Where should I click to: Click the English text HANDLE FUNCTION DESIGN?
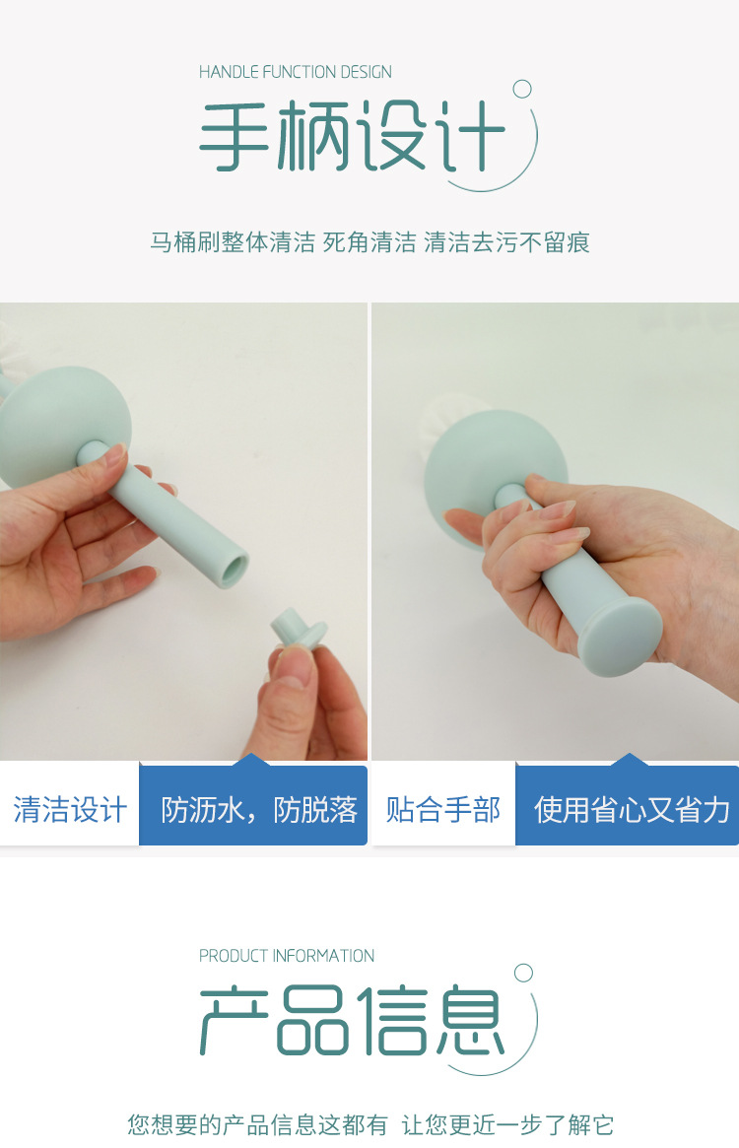[295, 72]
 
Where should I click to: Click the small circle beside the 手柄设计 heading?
[522, 90]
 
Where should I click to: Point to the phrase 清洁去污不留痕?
[506, 242]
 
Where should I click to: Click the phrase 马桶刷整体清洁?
[233, 242]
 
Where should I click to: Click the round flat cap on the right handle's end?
[613, 638]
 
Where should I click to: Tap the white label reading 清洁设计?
[70, 810]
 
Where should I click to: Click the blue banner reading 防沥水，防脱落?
[258, 810]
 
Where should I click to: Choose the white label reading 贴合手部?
[443, 810]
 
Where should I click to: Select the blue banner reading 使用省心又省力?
[631, 810]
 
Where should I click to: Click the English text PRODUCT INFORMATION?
[287, 956]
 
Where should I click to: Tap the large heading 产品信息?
[352, 1021]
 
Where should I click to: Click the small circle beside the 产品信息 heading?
[523, 974]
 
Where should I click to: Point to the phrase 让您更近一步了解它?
[507, 1124]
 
